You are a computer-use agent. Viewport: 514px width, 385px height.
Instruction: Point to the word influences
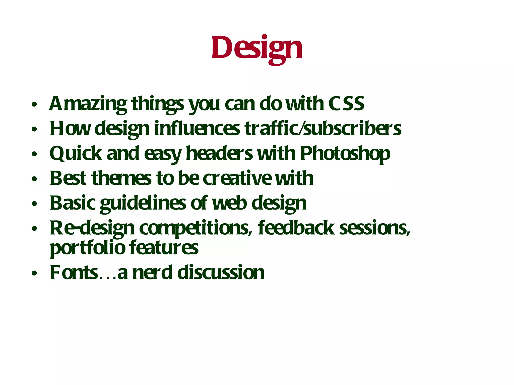197,129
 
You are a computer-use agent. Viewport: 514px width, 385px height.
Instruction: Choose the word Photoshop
345,154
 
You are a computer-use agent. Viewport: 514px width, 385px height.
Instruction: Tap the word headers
219,153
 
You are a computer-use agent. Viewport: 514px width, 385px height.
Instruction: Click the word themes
121,178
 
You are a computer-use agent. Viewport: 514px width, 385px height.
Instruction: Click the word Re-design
92,228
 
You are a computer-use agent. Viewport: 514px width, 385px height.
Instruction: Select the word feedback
296,228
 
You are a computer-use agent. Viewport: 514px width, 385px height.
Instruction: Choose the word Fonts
74,272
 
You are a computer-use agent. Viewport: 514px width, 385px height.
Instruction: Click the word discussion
221,272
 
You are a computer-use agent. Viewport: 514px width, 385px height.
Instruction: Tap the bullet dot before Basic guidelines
34,204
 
